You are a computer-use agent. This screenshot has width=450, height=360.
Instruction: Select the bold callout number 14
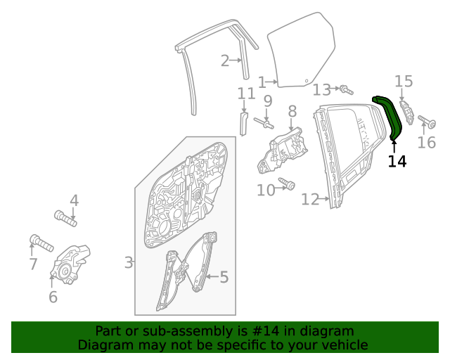coord(397,162)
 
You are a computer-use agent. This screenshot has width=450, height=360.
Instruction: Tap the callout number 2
coord(225,61)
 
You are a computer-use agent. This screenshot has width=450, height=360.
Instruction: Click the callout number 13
coord(321,89)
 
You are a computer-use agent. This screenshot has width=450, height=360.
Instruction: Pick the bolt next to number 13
coord(345,89)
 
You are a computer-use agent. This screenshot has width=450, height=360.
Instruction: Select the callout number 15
coord(403,82)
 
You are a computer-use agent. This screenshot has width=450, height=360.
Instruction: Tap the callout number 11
coord(245,94)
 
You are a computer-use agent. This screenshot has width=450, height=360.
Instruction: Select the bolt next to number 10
coord(287,184)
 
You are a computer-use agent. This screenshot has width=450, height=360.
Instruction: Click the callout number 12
coord(310,200)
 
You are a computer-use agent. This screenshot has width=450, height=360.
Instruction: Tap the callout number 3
coord(129,263)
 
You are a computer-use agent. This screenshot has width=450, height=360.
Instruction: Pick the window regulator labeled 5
coord(186,271)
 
